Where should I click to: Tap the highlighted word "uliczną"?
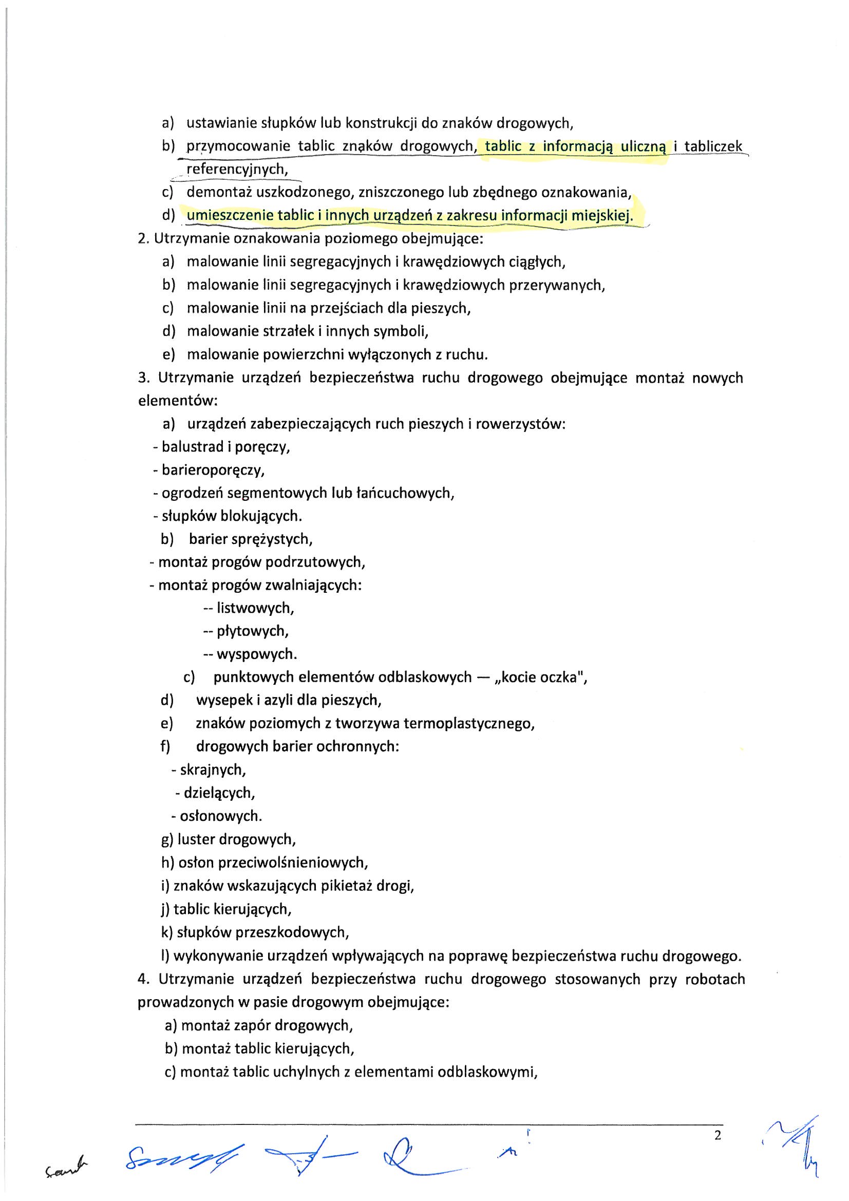pyautogui.click(x=643, y=146)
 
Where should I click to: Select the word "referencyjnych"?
pyautogui.click(x=237, y=169)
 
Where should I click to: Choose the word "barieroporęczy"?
pyautogui.click(x=213, y=470)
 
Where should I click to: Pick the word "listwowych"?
pyautogui.click(x=255, y=608)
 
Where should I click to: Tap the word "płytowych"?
pyautogui.click(x=253, y=631)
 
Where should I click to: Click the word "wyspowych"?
pyautogui.click(x=256, y=654)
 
